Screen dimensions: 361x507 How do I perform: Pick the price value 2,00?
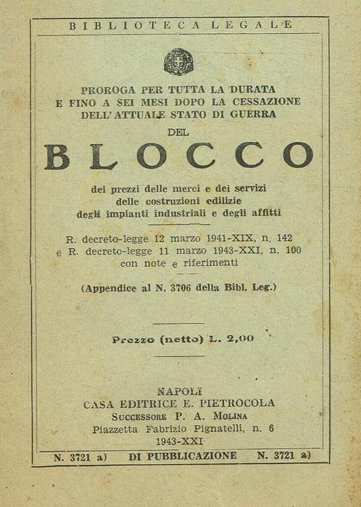239,339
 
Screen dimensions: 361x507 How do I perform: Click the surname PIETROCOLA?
237,403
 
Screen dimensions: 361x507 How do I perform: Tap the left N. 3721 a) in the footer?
77,456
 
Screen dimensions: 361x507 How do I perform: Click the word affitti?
265,214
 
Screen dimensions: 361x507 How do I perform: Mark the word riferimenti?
214,263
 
